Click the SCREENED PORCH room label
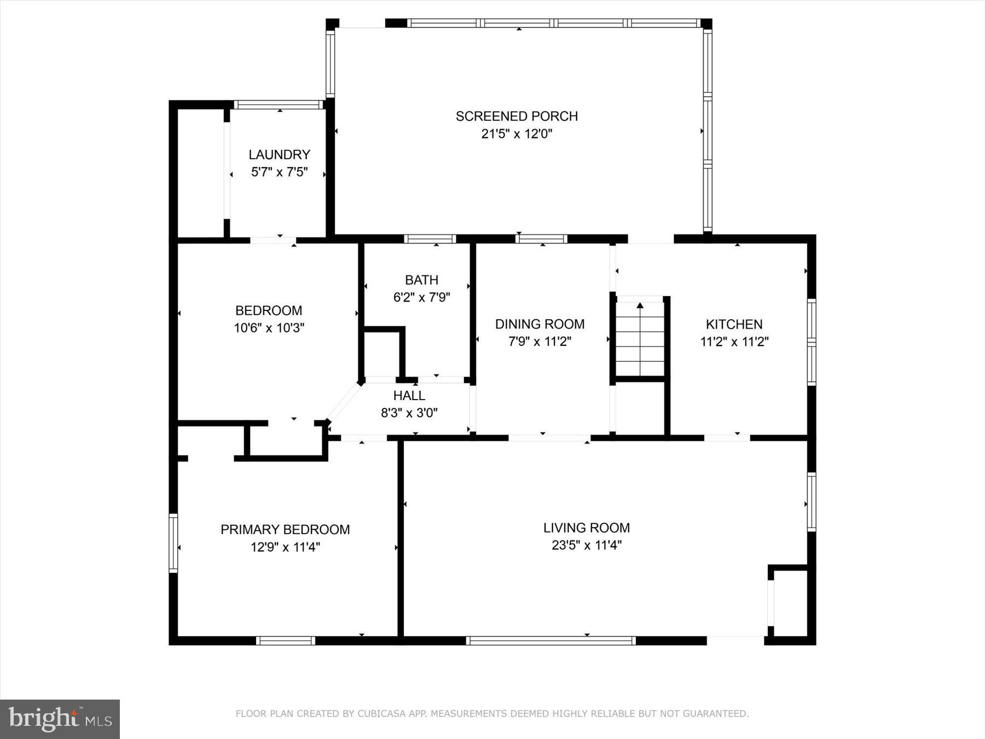tap(517, 116)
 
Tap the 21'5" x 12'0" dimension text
tap(517, 134)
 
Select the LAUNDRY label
tap(279, 154)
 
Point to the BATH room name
tap(421, 280)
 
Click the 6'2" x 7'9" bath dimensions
tap(421, 297)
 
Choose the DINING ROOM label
tap(540, 324)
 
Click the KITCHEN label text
tap(734, 324)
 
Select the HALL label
tap(409, 395)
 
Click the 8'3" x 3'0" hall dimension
tap(409, 413)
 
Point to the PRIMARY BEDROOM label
tap(285, 529)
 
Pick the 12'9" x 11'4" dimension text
tap(285, 547)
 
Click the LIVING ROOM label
tap(586, 528)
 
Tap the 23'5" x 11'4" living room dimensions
tap(586, 545)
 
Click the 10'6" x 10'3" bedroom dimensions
tap(269, 328)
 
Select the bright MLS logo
tap(60, 719)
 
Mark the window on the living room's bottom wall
tap(551, 640)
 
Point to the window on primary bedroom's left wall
tap(173, 543)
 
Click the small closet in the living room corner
tap(789, 602)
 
